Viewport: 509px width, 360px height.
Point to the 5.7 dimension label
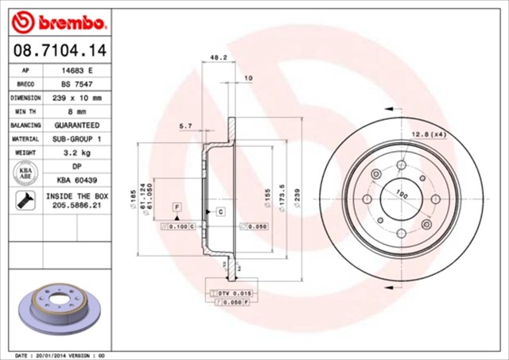[186, 126]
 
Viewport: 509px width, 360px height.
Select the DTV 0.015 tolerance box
[234, 294]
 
